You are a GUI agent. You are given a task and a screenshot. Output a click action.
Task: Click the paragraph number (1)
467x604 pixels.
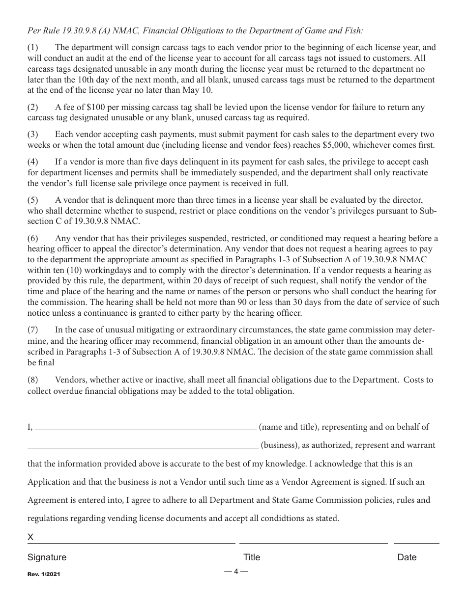pos(32,48)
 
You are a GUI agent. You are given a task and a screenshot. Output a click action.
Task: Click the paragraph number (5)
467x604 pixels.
pos(32,200)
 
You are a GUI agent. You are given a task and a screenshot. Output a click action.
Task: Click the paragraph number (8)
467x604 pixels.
pos(32,380)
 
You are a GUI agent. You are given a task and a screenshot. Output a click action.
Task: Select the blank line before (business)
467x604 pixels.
pos(143,447)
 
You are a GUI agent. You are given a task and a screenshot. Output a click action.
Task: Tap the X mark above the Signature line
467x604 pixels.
pos(30,537)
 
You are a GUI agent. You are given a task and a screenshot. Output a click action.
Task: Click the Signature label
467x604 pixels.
pos(47,557)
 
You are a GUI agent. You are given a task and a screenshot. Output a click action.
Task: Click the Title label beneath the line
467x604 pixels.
pos(252,557)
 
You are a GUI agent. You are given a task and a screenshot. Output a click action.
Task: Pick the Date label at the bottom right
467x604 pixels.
pos(407,557)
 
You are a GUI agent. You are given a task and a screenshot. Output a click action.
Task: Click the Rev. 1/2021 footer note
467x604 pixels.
pos(44,574)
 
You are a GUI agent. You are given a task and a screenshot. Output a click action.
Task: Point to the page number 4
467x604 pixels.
pos(236,571)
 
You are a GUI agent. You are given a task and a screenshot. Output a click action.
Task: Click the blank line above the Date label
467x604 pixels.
pos(416,543)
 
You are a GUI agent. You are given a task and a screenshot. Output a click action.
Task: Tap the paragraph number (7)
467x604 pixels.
pos(32,330)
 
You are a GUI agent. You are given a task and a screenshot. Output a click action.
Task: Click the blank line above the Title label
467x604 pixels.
pos(313,543)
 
